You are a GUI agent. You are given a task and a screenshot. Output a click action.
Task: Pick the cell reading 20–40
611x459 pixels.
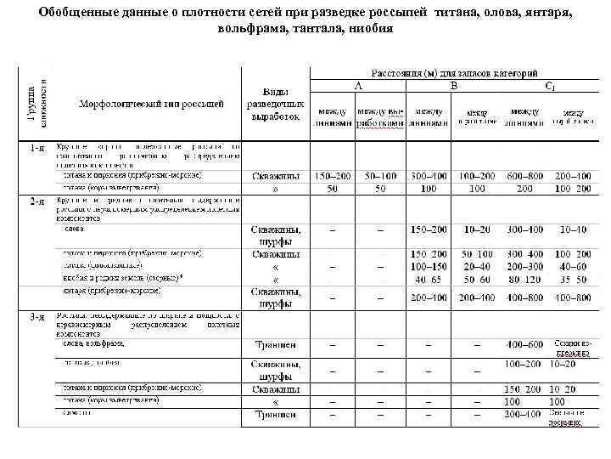coord(476,266)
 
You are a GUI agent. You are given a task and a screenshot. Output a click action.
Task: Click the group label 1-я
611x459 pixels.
coord(37,147)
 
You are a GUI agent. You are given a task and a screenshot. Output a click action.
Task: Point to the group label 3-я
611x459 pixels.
coord(37,316)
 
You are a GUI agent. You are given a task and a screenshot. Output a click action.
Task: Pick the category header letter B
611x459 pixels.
coord(453,86)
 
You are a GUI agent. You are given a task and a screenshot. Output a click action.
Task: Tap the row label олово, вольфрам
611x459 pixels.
coord(93,343)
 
